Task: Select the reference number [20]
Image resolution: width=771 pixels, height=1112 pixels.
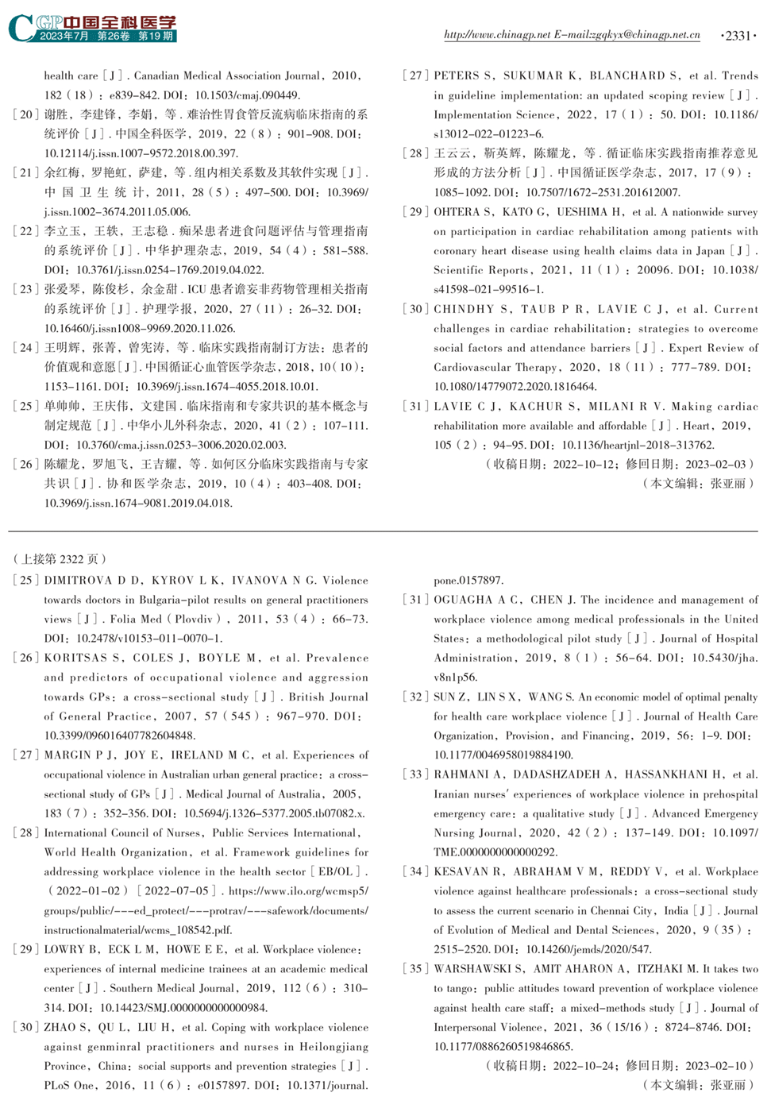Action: click(x=26, y=114)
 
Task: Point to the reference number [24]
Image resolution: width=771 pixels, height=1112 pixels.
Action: click(x=26, y=348)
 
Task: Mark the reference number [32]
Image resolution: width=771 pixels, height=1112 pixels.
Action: click(x=416, y=697)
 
